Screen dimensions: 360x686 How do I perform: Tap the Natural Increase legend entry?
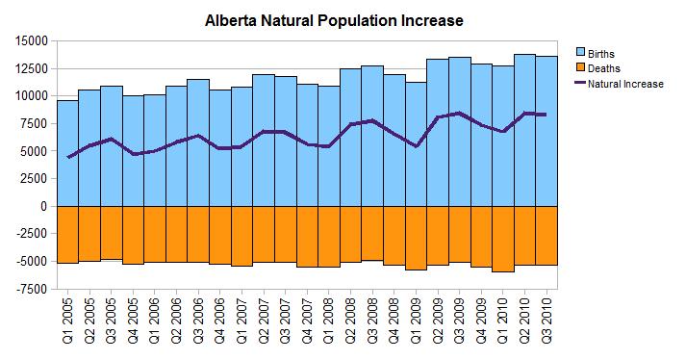click(624, 84)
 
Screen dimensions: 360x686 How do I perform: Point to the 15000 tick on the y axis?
click(31, 40)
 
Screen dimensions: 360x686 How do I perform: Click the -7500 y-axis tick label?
click(29, 289)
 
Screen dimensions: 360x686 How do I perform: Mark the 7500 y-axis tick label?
click(34, 123)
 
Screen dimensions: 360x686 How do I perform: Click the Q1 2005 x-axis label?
click(67, 322)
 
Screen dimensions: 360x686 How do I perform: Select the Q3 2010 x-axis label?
click(548, 322)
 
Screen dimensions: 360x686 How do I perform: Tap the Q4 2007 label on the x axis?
click(308, 322)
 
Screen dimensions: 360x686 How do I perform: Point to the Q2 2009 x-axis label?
click(439, 322)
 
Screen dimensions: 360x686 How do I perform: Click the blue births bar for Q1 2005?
click(67, 173)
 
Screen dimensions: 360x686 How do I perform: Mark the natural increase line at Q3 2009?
click(461, 113)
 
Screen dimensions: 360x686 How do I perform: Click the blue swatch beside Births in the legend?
click(580, 51)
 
